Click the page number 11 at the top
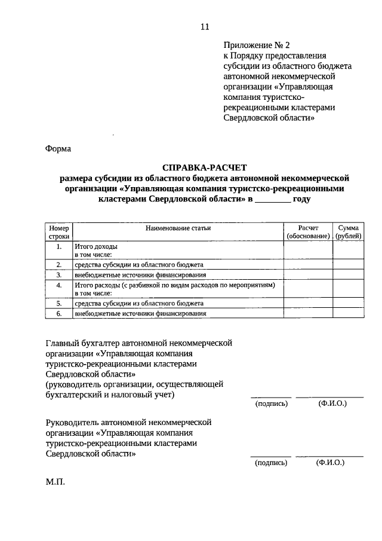(205, 27)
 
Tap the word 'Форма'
(58, 149)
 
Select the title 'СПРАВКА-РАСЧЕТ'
(204, 168)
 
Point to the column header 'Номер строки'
(59, 232)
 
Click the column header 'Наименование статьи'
(177, 228)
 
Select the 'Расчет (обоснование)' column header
(308, 232)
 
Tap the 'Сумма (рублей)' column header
(348, 232)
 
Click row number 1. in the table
(59, 246)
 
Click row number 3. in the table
(59, 275)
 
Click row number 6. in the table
(59, 313)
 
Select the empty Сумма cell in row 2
(348, 264)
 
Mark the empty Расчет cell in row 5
(308, 303)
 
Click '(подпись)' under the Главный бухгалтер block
(271, 404)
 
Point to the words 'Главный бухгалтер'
(82, 343)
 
